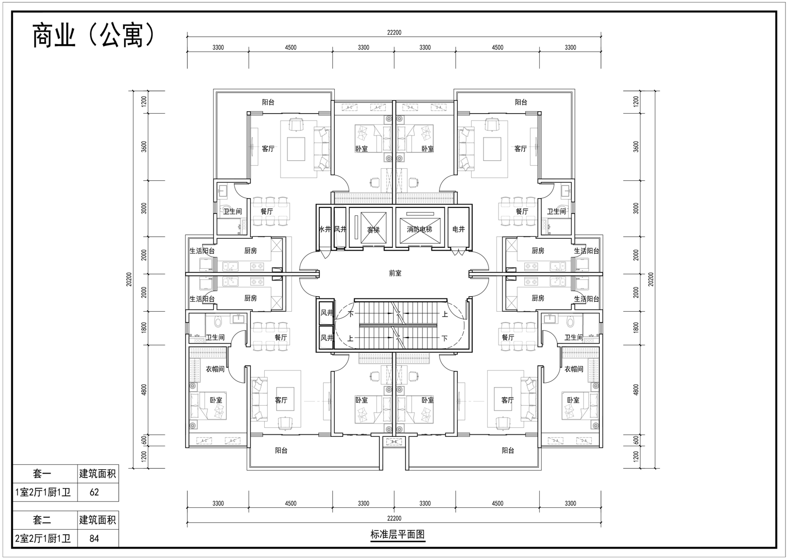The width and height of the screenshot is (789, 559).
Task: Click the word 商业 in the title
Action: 54,36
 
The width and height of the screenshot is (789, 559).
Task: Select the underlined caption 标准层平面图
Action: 398,535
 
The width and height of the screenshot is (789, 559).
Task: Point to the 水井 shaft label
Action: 325,229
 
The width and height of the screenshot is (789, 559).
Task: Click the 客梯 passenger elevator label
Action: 373,229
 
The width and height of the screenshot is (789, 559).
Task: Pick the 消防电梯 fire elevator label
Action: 420,229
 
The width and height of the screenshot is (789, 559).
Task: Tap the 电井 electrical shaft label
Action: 458,229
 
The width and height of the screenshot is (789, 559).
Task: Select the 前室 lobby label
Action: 395,273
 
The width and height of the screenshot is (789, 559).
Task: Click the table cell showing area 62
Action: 94,492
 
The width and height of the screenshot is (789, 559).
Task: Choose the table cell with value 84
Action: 94,538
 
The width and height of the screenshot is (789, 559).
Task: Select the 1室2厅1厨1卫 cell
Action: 43,492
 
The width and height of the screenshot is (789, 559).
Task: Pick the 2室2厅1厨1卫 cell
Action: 43,538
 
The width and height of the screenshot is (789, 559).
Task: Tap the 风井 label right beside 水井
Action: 340,229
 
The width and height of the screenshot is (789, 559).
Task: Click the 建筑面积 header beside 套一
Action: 97,474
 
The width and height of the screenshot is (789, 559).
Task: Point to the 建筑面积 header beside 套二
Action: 97,520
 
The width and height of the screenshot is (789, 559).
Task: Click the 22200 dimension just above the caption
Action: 394,518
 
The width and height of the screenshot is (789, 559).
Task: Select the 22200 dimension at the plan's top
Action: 394,33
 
